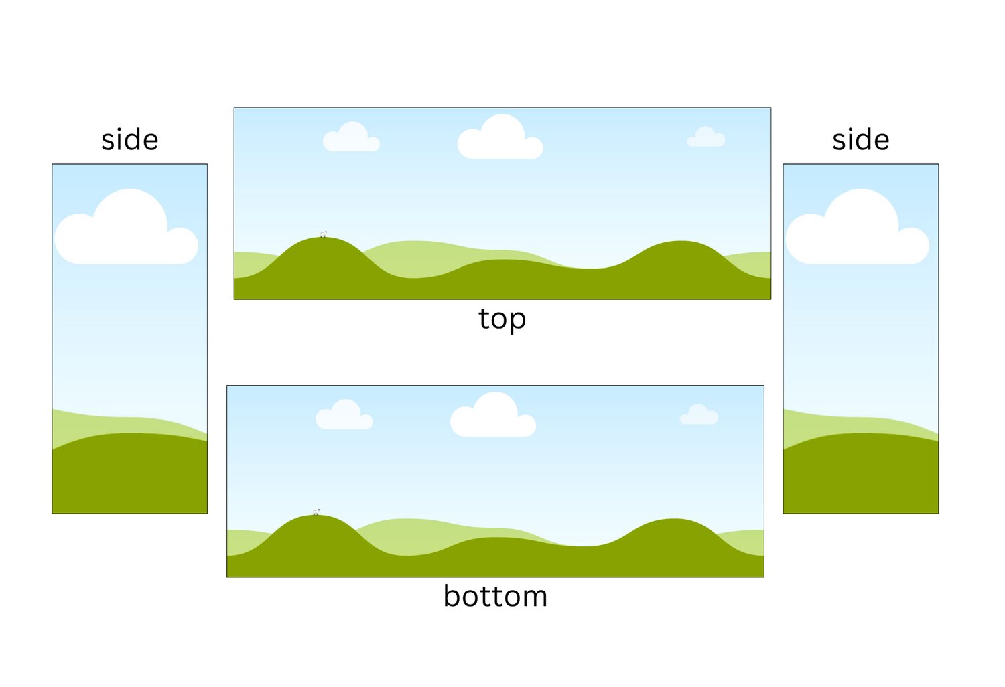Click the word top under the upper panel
[502, 319]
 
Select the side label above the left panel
[130, 139]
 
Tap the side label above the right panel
[860, 139]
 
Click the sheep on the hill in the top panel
[324, 234]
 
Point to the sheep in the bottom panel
[316, 512]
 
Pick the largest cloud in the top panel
[500, 137]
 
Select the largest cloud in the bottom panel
[492, 414]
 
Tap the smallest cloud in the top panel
[706, 137]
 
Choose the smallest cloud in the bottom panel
[699, 414]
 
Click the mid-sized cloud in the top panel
[351, 137]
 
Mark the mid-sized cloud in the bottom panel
[344, 414]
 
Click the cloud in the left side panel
[126, 226]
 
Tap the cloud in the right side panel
[858, 226]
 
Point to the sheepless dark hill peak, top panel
[681, 242]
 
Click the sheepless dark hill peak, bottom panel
[673, 520]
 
